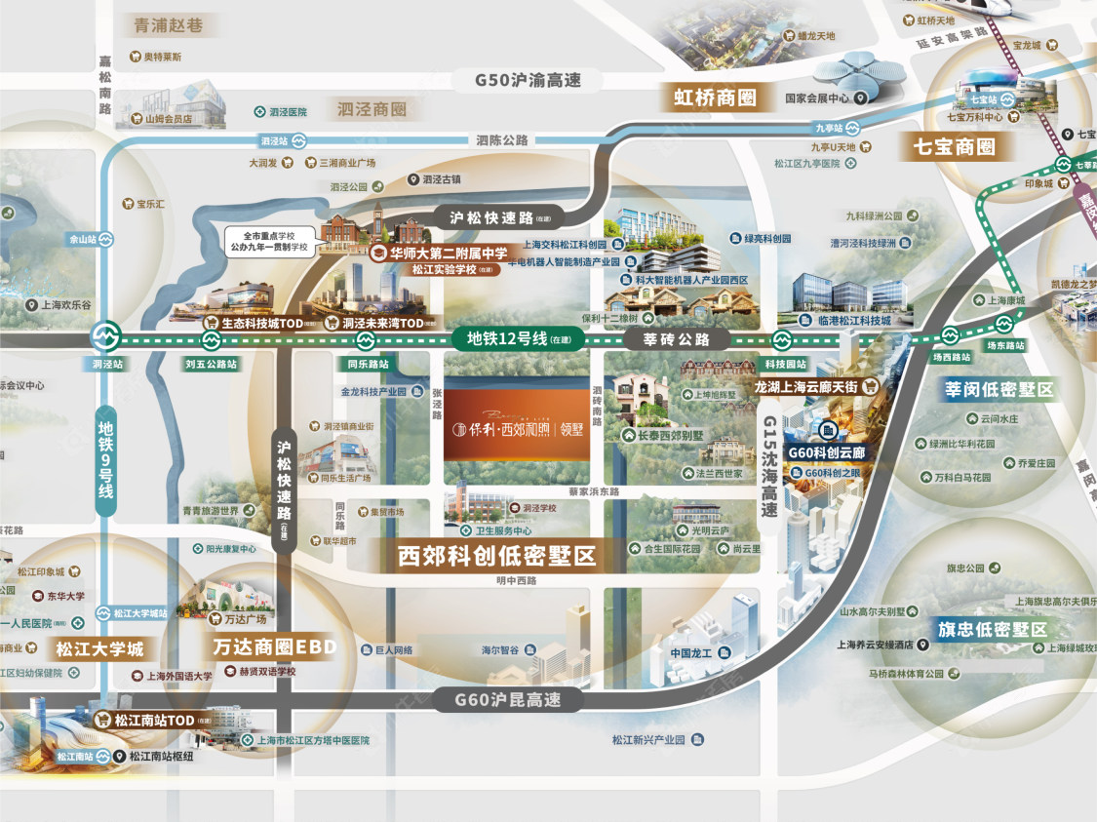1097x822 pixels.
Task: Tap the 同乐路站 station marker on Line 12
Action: (x=366, y=340)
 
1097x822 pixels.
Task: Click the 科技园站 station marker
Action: (x=780, y=340)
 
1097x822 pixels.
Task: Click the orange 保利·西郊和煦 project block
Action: (x=517, y=430)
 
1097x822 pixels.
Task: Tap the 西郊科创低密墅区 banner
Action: (x=496, y=557)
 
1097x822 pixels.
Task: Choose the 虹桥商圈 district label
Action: (x=715, y=98)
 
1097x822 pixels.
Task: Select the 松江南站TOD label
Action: (x=154, y=721)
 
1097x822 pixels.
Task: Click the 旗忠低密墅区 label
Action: (x=992, y=629)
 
